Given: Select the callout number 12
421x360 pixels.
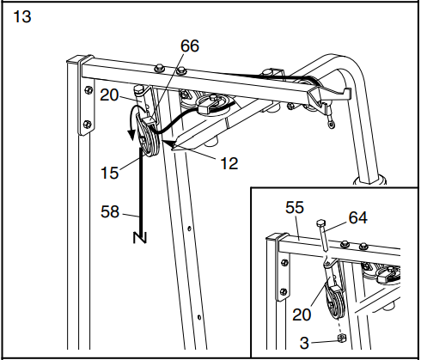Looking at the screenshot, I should point(228,160).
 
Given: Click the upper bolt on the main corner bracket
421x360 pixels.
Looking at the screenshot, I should point(86,88).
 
